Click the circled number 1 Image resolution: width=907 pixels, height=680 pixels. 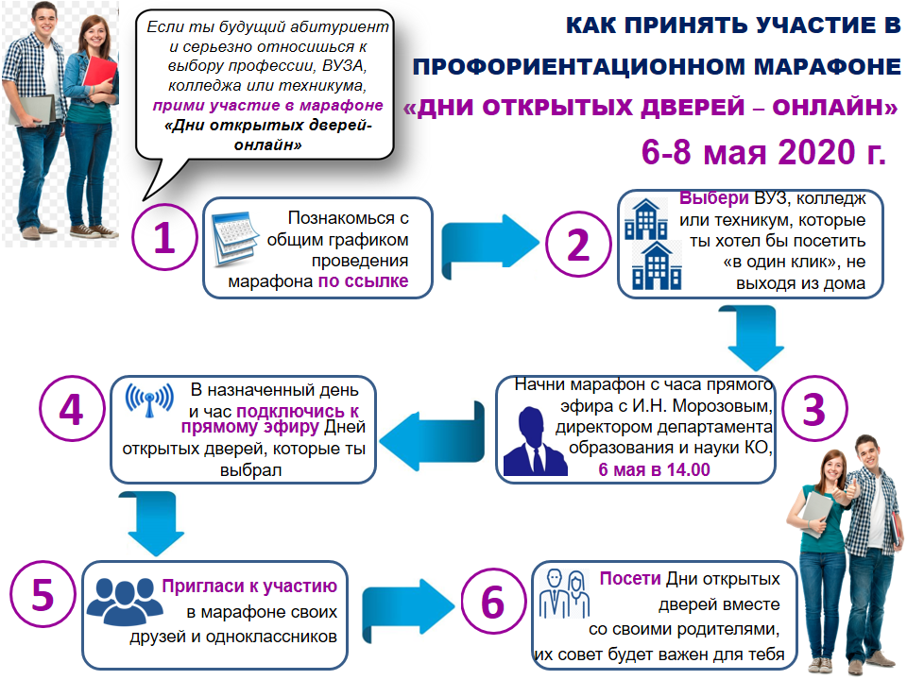[164, 237]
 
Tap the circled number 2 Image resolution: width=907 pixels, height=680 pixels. [578, 244]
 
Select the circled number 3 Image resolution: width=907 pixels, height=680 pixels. [813, 409]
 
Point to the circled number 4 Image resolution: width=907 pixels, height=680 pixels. [72, 409]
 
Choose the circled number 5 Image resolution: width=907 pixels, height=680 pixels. [43, 594]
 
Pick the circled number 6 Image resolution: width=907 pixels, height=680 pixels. [493, 602]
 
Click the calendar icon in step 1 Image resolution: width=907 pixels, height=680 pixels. [235, 238]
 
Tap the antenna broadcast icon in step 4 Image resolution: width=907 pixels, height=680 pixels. [150, 399]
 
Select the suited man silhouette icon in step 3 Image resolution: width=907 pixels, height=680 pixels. [535, 442]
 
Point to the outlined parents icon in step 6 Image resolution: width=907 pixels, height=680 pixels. [565, 593]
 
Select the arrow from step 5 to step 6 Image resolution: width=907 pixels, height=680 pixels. [408, 607]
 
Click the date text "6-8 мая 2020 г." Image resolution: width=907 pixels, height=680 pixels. [763, 152]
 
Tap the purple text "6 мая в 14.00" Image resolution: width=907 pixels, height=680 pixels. [654, 469]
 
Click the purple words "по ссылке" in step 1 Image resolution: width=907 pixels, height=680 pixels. [363, 281]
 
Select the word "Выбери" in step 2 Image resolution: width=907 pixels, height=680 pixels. [714, 198]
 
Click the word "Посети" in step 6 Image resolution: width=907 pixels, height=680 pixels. [630, 578]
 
